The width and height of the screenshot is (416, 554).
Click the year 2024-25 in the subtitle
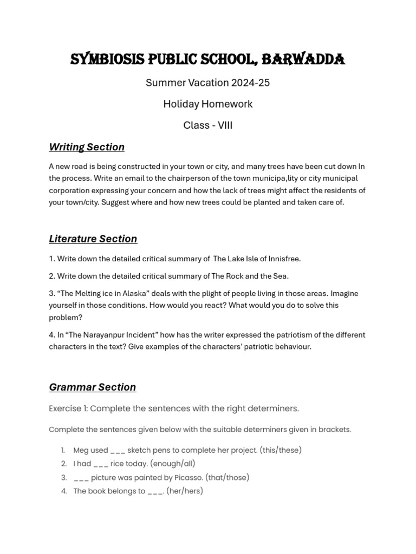[x=250, y=83]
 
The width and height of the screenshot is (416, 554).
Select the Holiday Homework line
[x=208, y=104]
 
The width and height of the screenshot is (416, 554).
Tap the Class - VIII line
[x=208, y=125]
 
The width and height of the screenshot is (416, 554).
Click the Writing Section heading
[x=87, y=147]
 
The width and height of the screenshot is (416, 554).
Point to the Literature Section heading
[x=93, y=239]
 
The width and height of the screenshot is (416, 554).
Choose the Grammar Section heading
[x=92, y=387]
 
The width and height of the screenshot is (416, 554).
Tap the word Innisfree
[x=283, y=259]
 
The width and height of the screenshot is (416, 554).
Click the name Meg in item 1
[x=80, y=450]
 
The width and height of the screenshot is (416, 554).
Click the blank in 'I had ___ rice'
[x=101, y=464]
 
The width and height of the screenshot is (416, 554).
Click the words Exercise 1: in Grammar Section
[x=68, y=408]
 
